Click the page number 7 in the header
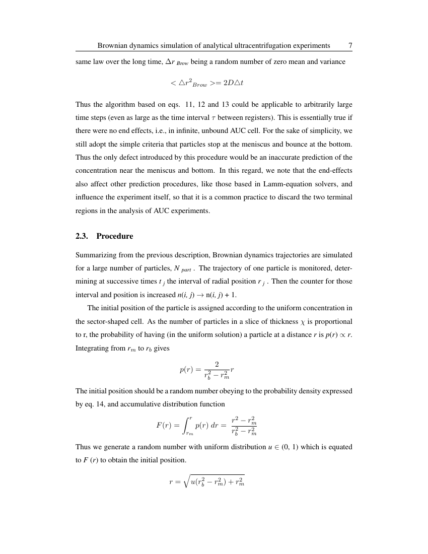click(x=350, y=45)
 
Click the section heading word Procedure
click(x=115, y=236)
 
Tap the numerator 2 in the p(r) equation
click(x=217, y=364)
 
